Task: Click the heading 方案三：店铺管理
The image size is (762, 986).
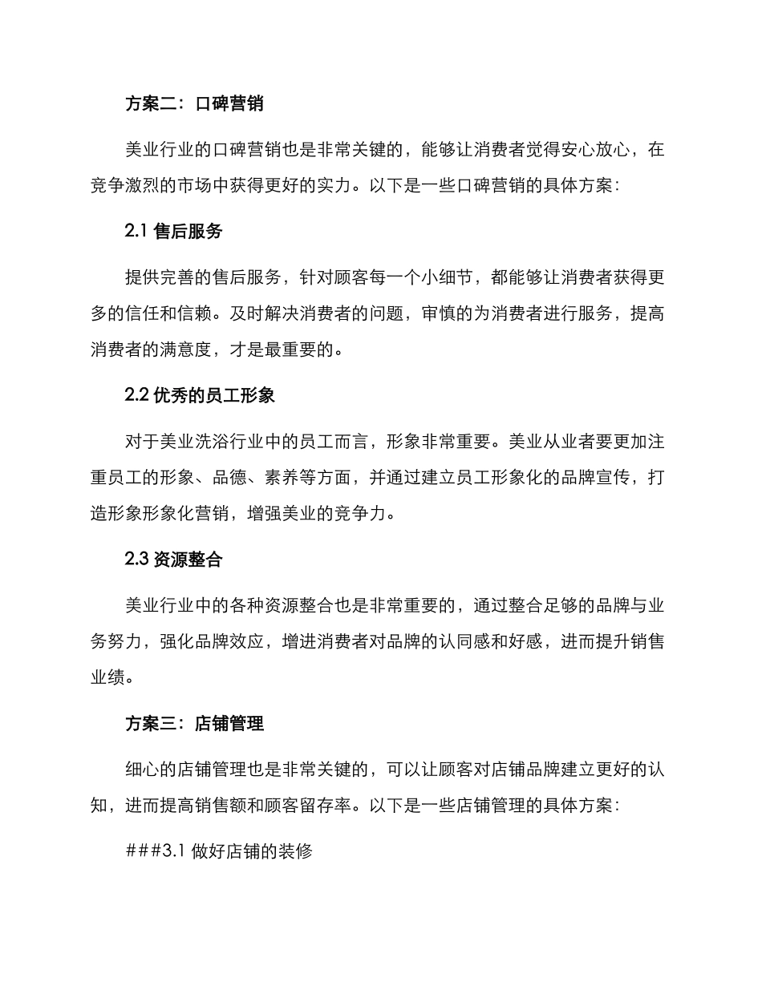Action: (195, 724)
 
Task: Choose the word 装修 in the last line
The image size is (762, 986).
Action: (294, 852)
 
